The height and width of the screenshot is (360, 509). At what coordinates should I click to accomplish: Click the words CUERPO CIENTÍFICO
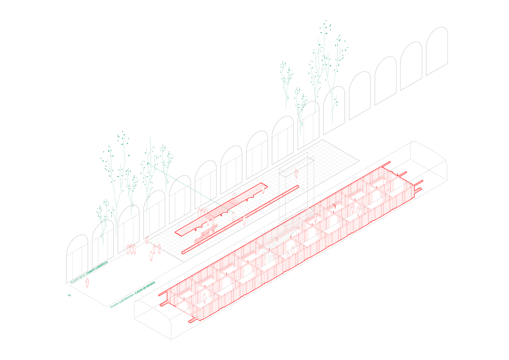click(x=97, y=269)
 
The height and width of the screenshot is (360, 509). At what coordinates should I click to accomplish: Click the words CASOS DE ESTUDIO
click(x=145, y=288)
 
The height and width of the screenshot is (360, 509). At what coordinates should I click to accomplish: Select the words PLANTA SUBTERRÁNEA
click(x=122, y=301)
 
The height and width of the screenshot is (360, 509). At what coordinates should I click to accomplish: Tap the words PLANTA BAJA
click(x=78, y=279)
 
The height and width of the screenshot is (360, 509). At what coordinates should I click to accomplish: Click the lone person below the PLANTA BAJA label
click(x=87, y=283)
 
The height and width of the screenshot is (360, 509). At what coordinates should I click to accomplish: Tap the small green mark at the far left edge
click(x=69, y=295)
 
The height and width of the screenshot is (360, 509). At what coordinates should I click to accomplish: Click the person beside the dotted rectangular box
click(x=296, y=174)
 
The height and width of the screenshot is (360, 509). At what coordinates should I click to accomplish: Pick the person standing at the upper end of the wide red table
click(x=263, y=189)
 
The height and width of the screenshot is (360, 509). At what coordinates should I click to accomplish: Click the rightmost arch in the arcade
click(x=437, y=51)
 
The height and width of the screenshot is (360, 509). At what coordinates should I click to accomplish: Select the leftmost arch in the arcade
click(x=77, y=259)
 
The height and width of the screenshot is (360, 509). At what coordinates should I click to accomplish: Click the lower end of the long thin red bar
click(x=183, y=252)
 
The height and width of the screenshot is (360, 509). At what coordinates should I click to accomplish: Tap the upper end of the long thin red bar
click(x=297, y=187)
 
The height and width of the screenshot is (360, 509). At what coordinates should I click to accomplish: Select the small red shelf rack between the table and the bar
click(x=206, y=234)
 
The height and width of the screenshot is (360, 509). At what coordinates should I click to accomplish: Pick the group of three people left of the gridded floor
click(x=131, y=249)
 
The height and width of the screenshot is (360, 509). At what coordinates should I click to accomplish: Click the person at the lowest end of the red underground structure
click(x=204, y=298)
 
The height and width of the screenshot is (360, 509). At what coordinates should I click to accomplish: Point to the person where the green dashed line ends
click(x=233, y=216)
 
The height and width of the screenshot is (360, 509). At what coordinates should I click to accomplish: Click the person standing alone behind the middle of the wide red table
click(x=234, y=195)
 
